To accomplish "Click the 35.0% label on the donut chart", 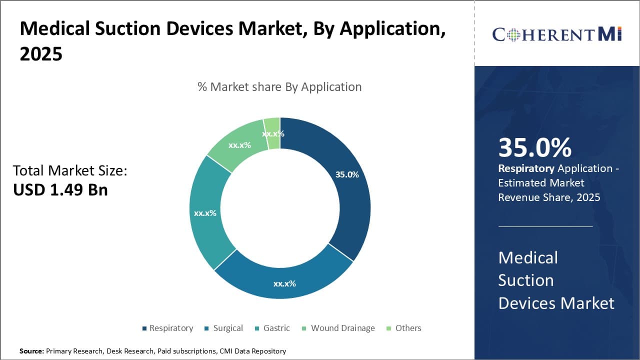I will (x=347, y=174).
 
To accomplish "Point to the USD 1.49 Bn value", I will (x=60, y=189).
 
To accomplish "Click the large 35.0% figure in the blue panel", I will (x=534, y=147).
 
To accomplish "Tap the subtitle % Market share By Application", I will (x=279, y=87).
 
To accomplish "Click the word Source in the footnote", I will (x=31, y=351).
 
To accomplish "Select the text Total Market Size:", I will (x=70, y=170).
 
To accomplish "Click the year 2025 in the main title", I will (x=41, y=54).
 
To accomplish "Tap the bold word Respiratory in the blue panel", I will (x=526, y=168).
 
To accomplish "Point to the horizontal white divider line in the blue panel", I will (x=545, y=226).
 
